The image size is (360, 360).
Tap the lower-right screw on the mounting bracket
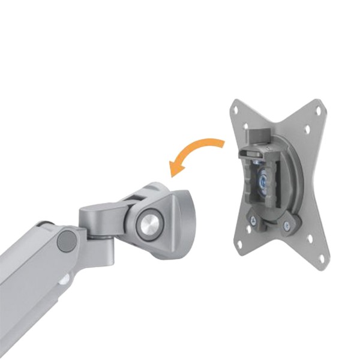tap(287, 226)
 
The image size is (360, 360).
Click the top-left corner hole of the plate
tap(236, 110)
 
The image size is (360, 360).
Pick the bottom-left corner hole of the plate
tap(238, 245)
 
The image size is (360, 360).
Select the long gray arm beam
tap(30, 264)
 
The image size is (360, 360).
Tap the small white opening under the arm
tap(62, 279)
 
